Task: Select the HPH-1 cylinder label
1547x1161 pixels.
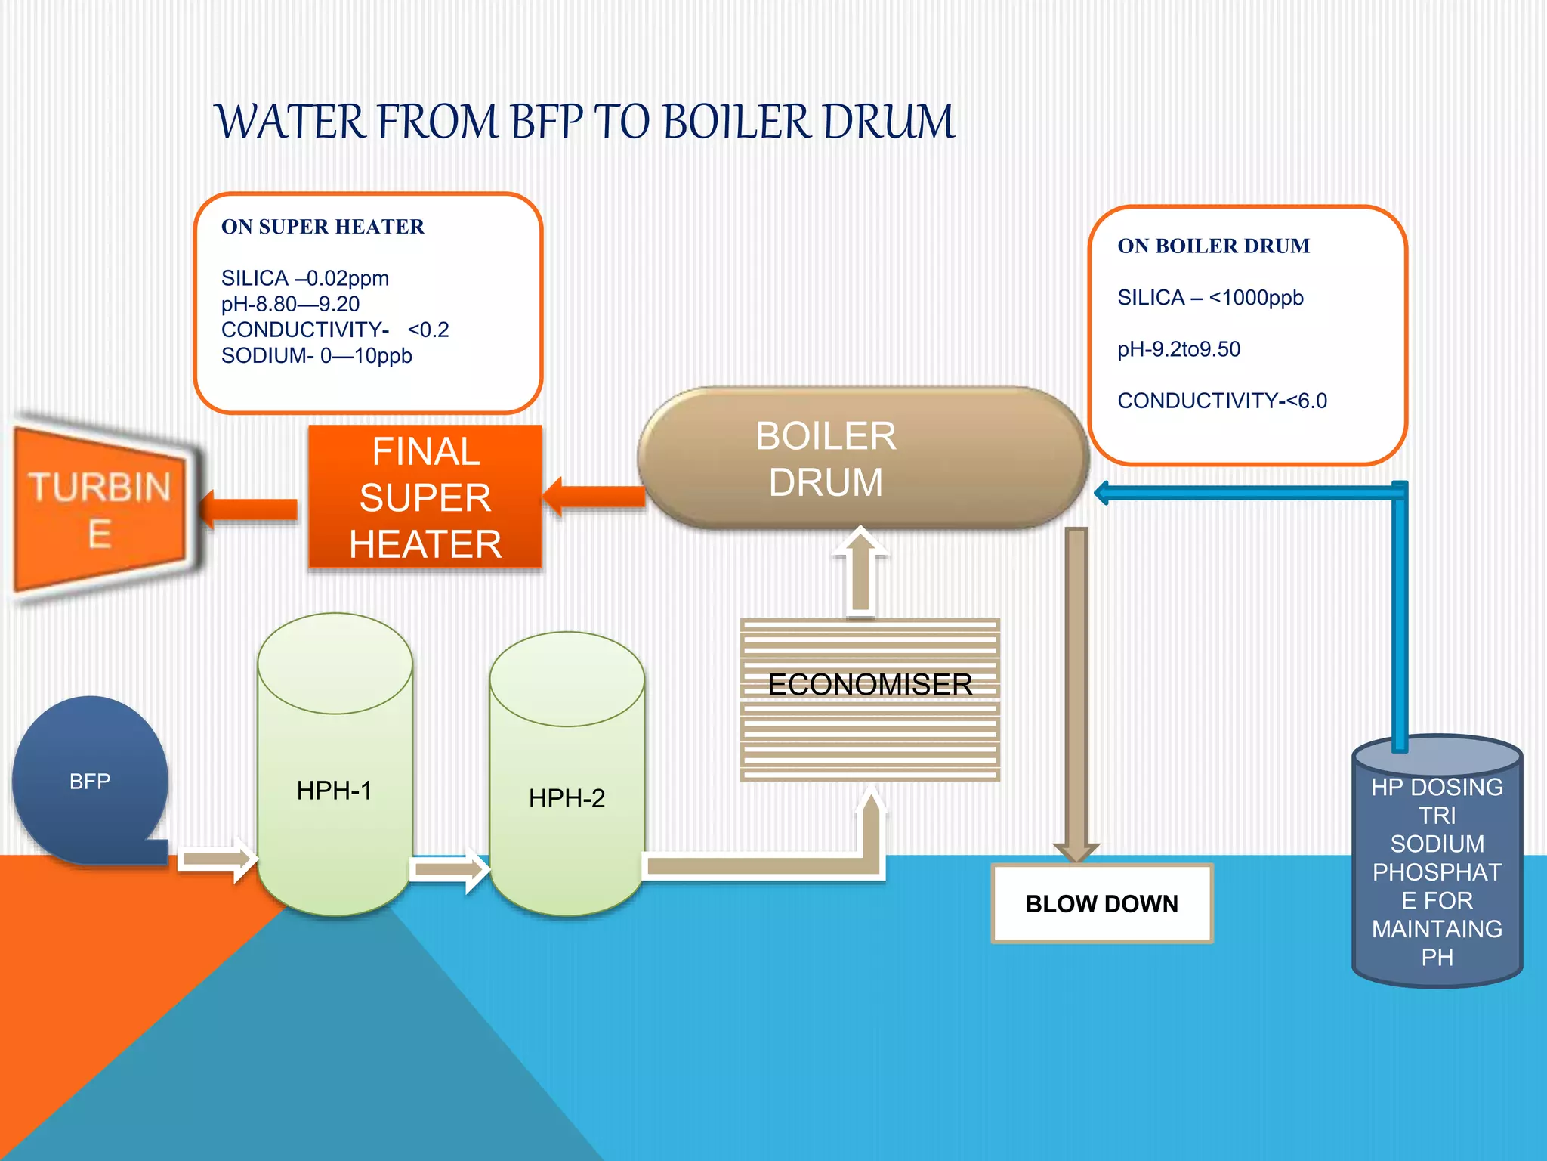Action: tap(334, 791)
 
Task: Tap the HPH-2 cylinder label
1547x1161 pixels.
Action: tap(567, 798)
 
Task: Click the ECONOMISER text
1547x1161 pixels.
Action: tap(869, 685)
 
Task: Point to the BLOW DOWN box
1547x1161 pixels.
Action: tap(1101, 904)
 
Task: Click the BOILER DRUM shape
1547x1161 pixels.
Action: tap(861, 458)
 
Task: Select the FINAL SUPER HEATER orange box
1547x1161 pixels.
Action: tap(425, 497)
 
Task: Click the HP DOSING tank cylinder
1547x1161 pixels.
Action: tap(1437, 869)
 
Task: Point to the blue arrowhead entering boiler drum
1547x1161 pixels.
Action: tap(1104, 493)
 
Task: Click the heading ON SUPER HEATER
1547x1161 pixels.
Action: tap(323, 227)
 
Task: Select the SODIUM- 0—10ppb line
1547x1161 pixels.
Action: tap(317, 356)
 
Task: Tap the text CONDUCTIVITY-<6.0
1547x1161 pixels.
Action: tap(1221, 401)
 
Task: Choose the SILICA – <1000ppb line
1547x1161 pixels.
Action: tap(1210, 298)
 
